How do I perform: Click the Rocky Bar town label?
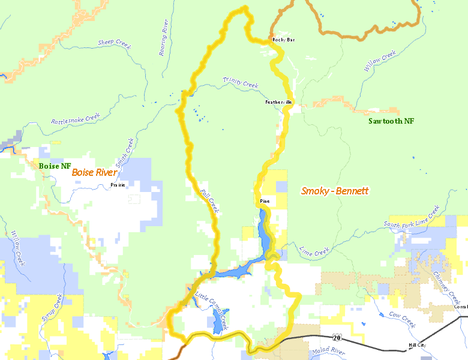pyautogui.click(x=283, y=40)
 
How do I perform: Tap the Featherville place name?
pyautogui.click(x=278, y=102)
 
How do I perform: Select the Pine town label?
pyautogui.click(x=265, y=200)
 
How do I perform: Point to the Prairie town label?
pyautogui.click(x=118, y=185)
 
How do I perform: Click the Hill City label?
pyautogui.click(x=417, y=346)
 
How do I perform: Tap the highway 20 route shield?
pyautogui.click(x=337, y=338)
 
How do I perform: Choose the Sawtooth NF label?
pyautogui.click(x=391, y=121)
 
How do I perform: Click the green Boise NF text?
pyautogui.click(x=55, y=166)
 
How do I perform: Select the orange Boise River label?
pyautogui.click(x=94, y=172)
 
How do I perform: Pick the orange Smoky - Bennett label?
pyautogui.click(x=334, y=191)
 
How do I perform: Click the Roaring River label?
pyautogui.click(x=163, y=38)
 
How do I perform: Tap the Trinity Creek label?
pyautogui.click(x=240, y=83)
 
